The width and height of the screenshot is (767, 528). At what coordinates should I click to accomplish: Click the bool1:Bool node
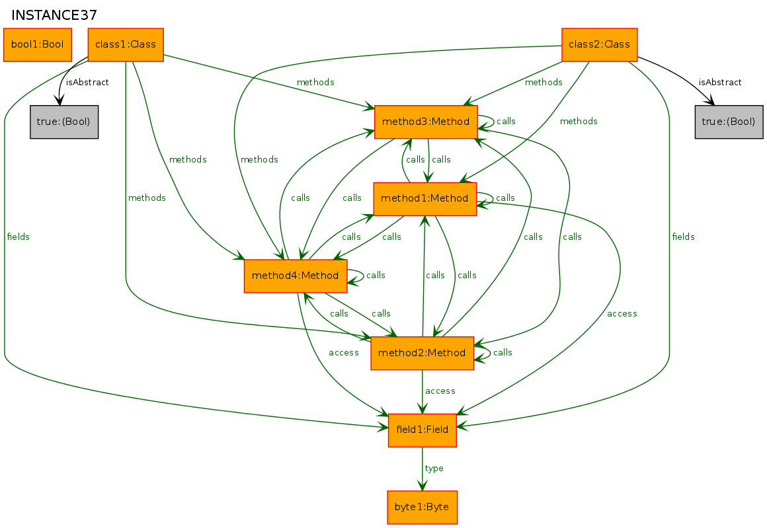click(37, 44)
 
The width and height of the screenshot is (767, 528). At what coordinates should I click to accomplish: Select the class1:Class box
click(125, 44)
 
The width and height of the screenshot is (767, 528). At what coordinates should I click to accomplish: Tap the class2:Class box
click(599, 44)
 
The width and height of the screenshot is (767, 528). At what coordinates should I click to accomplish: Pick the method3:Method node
click(426, 122)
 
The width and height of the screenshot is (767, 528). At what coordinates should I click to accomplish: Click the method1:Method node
click(424, 198)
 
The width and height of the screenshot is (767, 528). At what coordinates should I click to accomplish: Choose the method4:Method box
click(296, 276)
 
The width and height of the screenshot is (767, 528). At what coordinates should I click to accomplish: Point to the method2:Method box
click(422, 353)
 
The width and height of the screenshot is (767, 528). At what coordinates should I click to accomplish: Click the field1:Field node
click(422, 430)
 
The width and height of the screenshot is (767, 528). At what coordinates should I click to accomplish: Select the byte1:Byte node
click(422, 508)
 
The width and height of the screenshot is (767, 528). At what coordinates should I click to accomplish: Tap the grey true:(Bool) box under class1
click(64, 122)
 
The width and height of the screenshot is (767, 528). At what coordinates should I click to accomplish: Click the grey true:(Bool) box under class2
click(729, 122)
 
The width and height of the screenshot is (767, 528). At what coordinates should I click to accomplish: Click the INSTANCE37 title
click(54, 15)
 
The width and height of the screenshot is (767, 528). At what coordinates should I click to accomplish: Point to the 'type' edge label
click(434, 469)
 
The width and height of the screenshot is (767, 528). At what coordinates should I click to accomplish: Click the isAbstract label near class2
click(719, 82)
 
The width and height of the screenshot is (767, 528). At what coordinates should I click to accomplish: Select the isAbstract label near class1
click(87, 82)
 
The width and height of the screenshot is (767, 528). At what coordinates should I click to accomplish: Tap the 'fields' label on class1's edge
click(18, 237)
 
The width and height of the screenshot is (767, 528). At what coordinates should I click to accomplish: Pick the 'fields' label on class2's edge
click(683, 237)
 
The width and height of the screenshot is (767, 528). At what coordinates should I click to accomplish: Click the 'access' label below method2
click(440, 391)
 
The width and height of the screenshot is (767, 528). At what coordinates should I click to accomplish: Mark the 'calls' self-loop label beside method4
click(376, 276)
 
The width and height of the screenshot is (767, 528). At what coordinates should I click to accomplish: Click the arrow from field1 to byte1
click(422, 469)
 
